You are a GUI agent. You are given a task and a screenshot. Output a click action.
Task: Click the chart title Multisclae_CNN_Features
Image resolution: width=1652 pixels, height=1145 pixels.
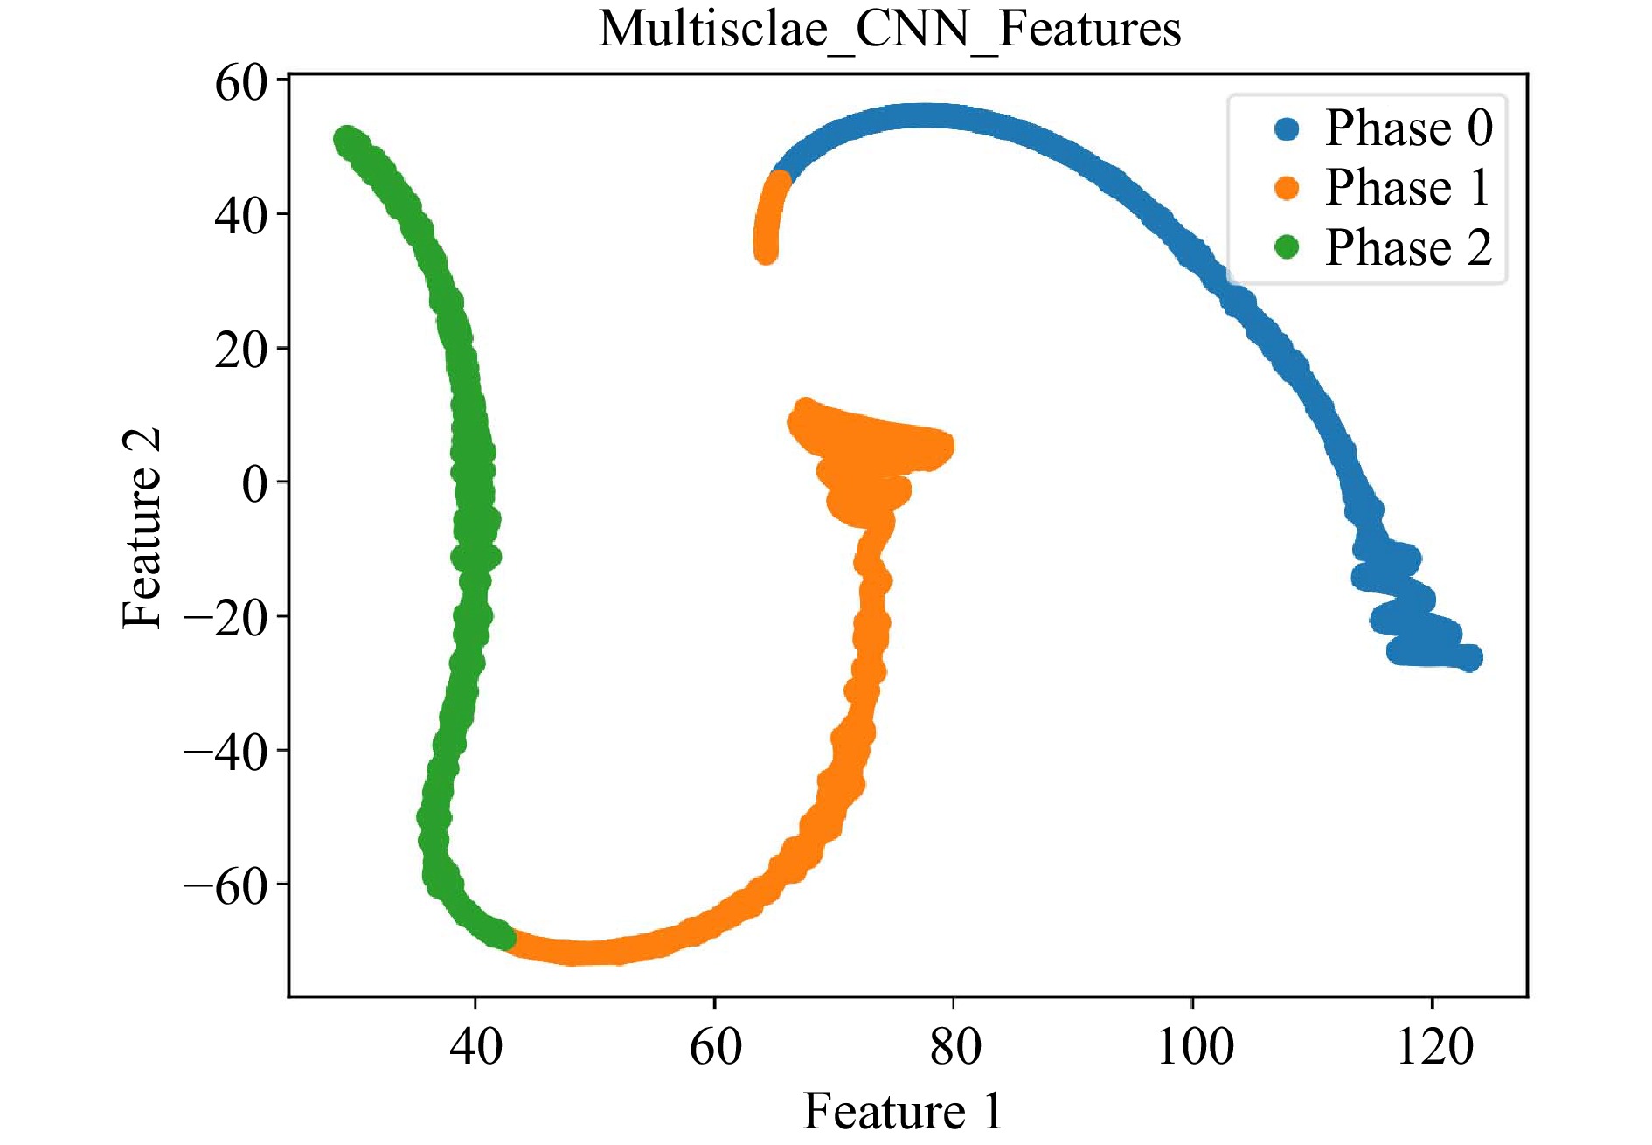click(x=889, y=29)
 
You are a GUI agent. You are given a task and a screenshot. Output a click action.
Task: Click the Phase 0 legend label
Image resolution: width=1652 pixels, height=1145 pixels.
click(x=1408, y=128)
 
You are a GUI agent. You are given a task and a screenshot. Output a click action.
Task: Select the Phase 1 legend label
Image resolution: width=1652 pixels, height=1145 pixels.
click(x=1408, y=187)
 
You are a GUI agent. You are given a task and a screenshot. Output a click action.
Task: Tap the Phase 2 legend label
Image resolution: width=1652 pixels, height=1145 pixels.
click(x=1408, y=246)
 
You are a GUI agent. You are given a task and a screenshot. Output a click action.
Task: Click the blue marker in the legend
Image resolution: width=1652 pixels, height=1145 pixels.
click(x=1287, y=129)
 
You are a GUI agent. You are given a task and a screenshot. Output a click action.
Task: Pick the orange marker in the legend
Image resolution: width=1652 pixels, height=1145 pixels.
click(x=1287, y=188)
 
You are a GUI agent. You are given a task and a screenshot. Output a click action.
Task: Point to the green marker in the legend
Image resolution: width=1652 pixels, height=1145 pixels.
click(x=1287, y=247)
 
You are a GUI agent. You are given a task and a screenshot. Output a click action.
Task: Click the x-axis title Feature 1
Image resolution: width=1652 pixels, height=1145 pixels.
click(x=902, y=1111)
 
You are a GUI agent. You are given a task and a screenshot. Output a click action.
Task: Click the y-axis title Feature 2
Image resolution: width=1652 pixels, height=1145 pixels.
click(x=142, y=528)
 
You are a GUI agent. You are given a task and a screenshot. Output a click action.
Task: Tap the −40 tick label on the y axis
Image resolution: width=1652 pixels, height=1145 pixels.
click(x=225, y=752)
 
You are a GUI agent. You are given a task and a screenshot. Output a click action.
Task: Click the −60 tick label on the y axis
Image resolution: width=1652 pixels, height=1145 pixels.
click(x=225, y=886)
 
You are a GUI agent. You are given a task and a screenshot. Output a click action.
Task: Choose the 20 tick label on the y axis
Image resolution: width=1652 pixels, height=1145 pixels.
click(x=240, y=350)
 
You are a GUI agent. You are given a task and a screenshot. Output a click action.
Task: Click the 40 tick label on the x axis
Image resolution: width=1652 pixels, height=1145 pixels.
click(x=475, y=1046)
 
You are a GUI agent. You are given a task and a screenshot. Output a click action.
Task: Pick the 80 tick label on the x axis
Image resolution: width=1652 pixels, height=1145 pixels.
click(x=954, y=1046)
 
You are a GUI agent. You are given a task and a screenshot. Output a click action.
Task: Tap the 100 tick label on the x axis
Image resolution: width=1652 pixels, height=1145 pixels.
click(x=1194, y=1046)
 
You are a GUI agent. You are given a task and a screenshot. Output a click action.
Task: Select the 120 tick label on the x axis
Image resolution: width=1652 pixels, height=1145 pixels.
click(x=1433, y=1046)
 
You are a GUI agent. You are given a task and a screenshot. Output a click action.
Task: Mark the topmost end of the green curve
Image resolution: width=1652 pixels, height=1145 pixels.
click(x=348, y=140)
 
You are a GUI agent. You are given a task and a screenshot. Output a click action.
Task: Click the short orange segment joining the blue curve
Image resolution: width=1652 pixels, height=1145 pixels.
click(x=769, y=214)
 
